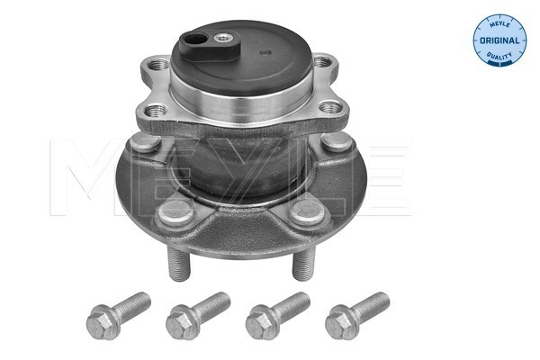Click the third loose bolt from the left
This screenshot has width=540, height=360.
[278, 310]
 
